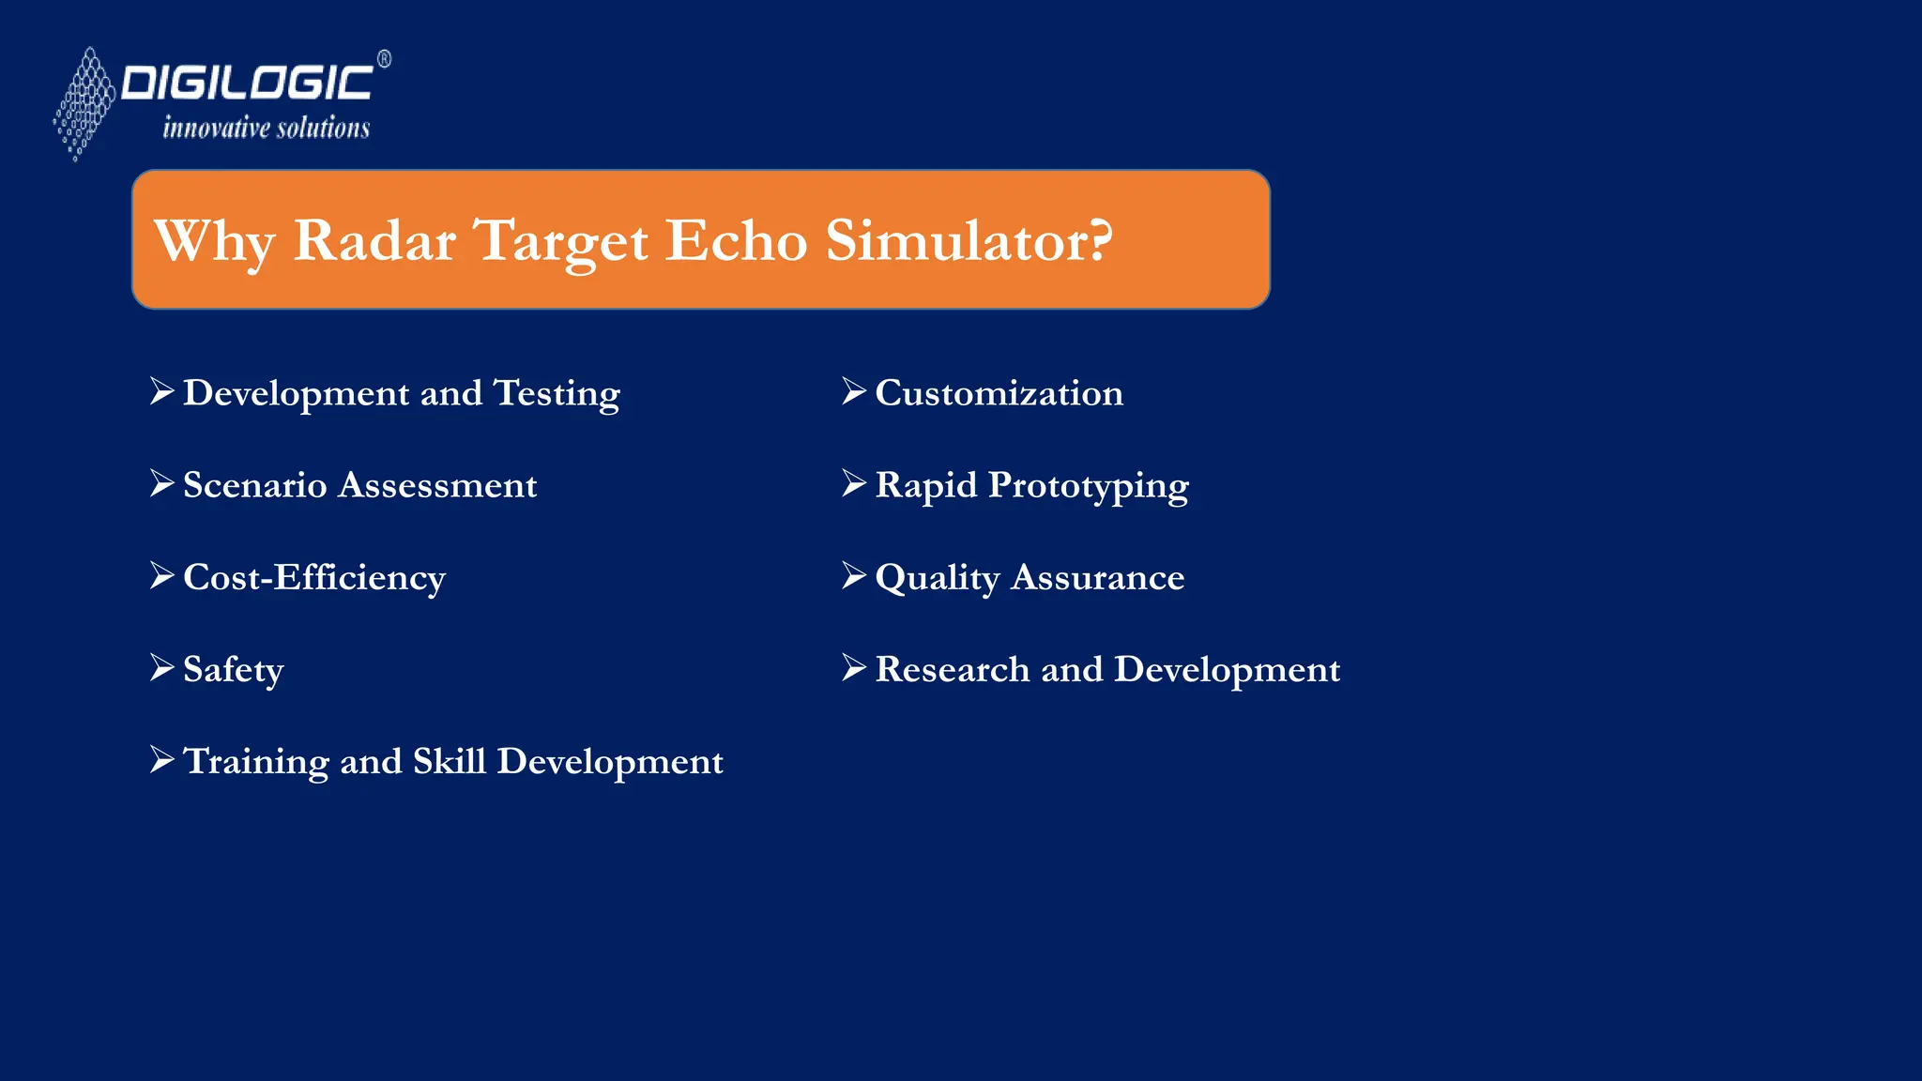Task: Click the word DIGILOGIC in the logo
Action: point(247,83)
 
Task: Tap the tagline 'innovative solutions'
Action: point(267,128)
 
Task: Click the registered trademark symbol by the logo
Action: point(384,59)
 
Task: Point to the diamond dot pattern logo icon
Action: point(84,103)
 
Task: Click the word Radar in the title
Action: point(374,240)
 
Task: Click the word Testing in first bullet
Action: point(557,393)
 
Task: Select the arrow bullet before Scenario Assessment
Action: point(162,483)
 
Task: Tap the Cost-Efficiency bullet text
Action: point(314,577)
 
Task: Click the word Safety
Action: point(233,670)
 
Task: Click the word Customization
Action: point(999,393)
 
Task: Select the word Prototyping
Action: point(1088,486)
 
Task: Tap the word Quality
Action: point(937,578)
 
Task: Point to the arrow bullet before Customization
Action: point(854,391)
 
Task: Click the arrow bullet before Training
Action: point(162,759)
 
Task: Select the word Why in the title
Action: point(214,241)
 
